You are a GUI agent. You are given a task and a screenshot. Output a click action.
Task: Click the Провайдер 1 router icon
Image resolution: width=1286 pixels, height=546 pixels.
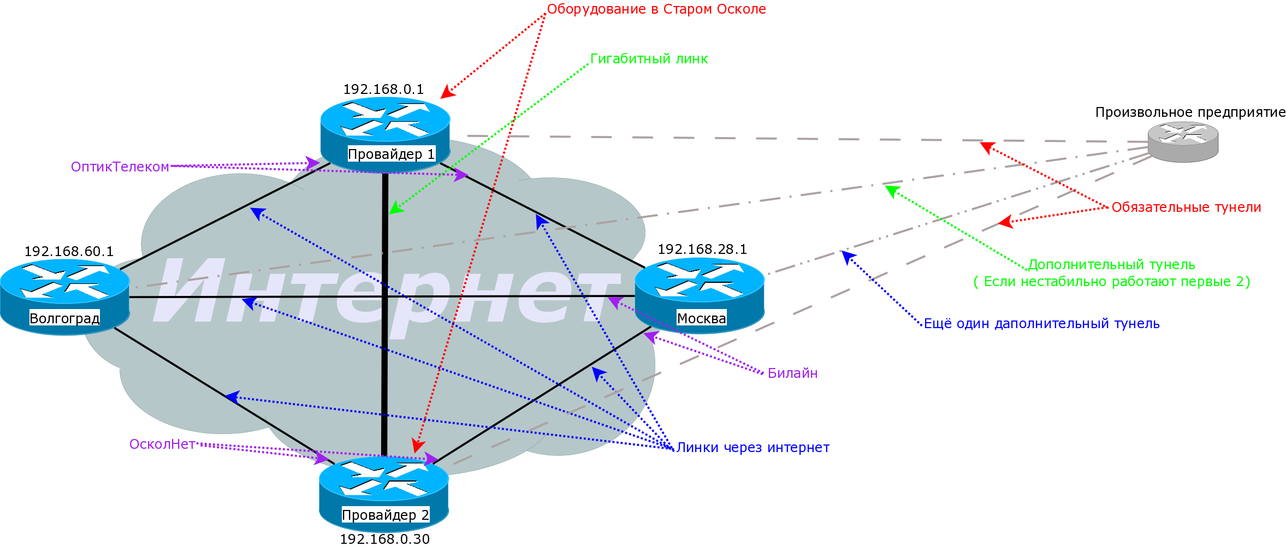pos(385,128)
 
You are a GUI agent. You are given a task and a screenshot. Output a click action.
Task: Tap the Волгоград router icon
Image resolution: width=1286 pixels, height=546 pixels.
pos(64,292)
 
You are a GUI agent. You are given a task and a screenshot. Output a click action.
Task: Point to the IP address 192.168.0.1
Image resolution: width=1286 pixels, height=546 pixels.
pos(383,90)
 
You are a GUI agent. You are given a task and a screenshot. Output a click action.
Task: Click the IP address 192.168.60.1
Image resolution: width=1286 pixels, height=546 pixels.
pos(69,252)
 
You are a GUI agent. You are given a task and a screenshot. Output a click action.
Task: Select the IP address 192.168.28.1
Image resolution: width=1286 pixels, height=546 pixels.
pos(702,250)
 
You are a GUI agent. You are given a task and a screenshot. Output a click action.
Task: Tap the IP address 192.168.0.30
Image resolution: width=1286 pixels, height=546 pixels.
pos(385,539)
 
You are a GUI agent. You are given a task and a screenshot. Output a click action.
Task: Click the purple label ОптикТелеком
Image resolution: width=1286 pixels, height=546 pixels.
pos(120,167)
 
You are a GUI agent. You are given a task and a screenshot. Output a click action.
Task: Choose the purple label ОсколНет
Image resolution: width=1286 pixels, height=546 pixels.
pos(162,444)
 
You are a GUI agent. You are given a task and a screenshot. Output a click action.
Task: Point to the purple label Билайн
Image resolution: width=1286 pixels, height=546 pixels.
pos(792,373)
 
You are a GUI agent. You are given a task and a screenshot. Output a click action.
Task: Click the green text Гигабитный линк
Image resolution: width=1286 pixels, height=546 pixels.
pos(649,59)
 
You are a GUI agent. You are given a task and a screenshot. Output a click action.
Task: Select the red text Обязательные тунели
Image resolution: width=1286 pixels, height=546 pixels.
pos(1186,207)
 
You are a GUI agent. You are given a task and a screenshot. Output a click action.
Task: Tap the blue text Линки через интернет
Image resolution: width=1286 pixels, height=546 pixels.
pos(752,448)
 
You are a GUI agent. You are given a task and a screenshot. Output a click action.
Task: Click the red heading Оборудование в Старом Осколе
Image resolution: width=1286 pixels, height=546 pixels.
pos(656,9)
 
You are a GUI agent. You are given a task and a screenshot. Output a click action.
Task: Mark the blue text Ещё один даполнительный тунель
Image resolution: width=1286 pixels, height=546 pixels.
pos(1041,324)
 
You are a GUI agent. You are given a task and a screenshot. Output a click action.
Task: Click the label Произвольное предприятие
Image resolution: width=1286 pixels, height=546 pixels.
pos(1190,112)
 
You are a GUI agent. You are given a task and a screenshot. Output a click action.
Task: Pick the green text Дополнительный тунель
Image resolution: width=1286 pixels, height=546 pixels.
pos(1112,265)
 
